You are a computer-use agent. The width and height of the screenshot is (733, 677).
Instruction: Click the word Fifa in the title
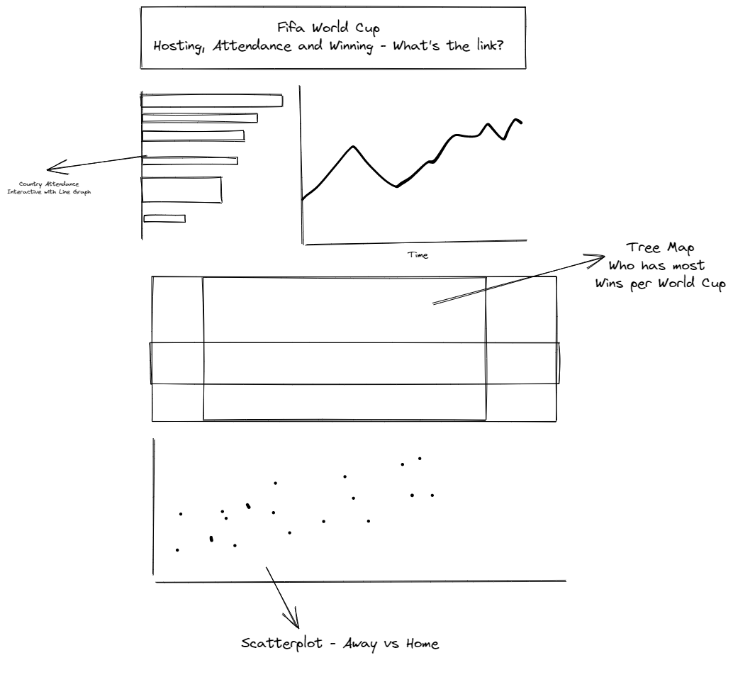[x=291, y=28]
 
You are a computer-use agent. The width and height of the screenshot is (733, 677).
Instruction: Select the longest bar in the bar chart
[x=212, y=101]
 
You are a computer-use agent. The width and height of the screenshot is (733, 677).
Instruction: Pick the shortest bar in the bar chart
[x=164, y=218]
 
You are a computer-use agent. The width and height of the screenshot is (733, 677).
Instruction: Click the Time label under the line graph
[x=418, y=254]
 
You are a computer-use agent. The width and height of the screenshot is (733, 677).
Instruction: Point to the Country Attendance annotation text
[x=49, y=184]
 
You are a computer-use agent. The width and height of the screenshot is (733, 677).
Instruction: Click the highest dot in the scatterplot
[x=420, y=458]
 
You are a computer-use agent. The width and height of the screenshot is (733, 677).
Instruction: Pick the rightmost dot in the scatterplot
[x=432, y=495]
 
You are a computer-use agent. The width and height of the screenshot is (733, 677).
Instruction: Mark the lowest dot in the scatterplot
[x=177, y=549]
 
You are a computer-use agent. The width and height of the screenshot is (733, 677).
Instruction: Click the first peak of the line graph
[x=353, y=146]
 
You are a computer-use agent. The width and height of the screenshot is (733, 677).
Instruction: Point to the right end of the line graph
[x=522, y=123]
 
